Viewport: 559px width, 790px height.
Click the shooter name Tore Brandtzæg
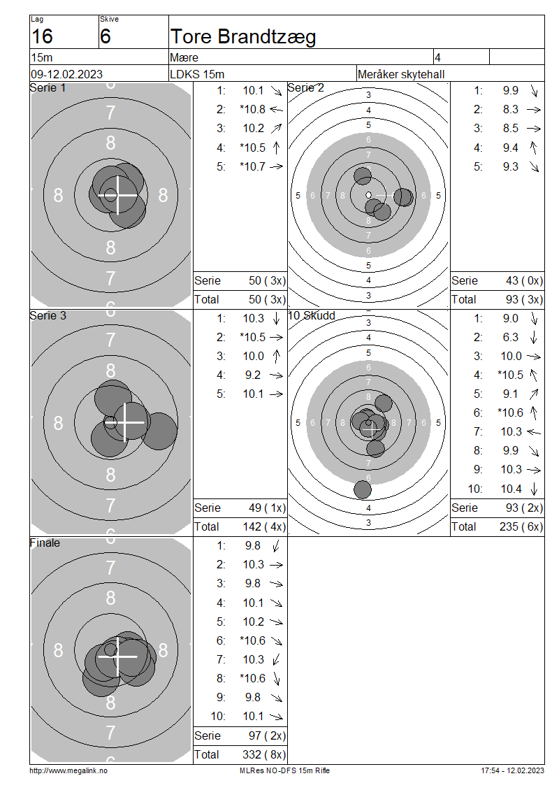(243, 37)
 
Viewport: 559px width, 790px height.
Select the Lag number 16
(42, 36)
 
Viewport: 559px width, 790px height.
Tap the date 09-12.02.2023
(66, 75)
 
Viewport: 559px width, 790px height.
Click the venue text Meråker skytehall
(401, 75)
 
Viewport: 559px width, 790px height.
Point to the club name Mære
(184, 57)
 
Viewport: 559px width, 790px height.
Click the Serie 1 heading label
(48, 87)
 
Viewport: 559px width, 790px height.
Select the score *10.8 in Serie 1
(252, 109)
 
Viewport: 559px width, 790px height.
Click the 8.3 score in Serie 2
(510, 109)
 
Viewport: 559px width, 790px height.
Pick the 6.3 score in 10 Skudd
(510, 337)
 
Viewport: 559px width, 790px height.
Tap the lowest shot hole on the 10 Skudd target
(363, 489)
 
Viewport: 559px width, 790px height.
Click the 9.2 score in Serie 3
(253, 375)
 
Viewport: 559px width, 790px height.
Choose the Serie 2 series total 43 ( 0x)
(524, 280)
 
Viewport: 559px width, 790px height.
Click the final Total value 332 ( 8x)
(264, 754)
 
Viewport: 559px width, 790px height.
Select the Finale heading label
(45, 543)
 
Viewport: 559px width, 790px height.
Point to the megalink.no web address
(68, 770)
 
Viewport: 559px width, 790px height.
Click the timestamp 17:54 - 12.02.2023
(512, 770)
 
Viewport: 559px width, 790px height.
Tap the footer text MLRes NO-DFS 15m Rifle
(284, 770)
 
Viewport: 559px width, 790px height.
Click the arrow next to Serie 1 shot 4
(276, 148)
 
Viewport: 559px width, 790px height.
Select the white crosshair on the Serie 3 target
(126, 422)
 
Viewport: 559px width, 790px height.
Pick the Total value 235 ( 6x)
(521, 526)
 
